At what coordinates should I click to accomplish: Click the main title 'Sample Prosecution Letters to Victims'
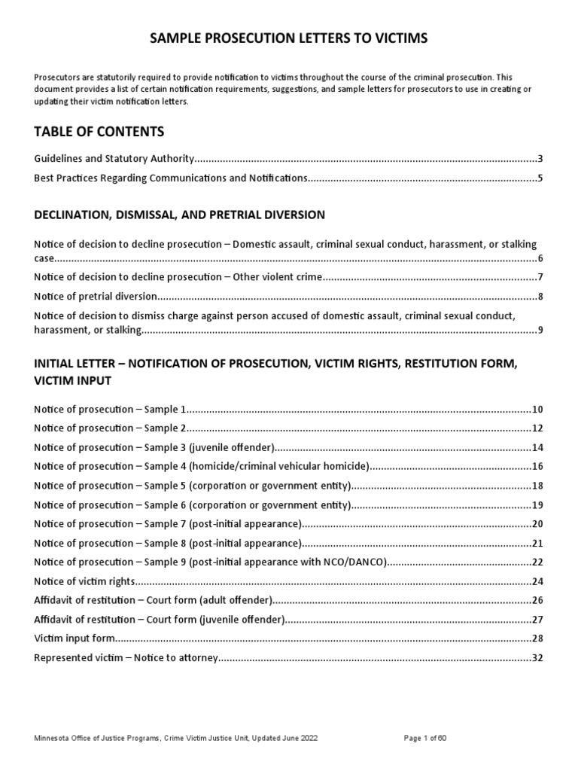pos(288,38)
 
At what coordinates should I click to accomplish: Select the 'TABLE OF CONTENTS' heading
pos(99,132)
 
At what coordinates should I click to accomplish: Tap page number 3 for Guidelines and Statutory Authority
pos(540,159)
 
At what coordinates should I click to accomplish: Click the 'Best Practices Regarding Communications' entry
pos(171,178)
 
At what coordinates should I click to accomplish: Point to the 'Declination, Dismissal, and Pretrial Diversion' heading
pos(179,215)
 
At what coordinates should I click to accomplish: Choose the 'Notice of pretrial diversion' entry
pos(96,296)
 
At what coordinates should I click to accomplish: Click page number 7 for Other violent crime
pos(540,276)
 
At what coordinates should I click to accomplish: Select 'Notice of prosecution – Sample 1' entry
pos(110,410)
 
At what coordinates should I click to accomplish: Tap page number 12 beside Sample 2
pos(537,428)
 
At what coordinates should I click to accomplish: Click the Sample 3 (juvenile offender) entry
pos(154,447)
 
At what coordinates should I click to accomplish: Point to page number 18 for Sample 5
pos(537,486)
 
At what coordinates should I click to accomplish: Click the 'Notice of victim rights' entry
pos(85,581)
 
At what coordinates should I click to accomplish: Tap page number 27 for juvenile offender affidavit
pos(537,620)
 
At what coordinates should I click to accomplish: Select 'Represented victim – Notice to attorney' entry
pos(126,658)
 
